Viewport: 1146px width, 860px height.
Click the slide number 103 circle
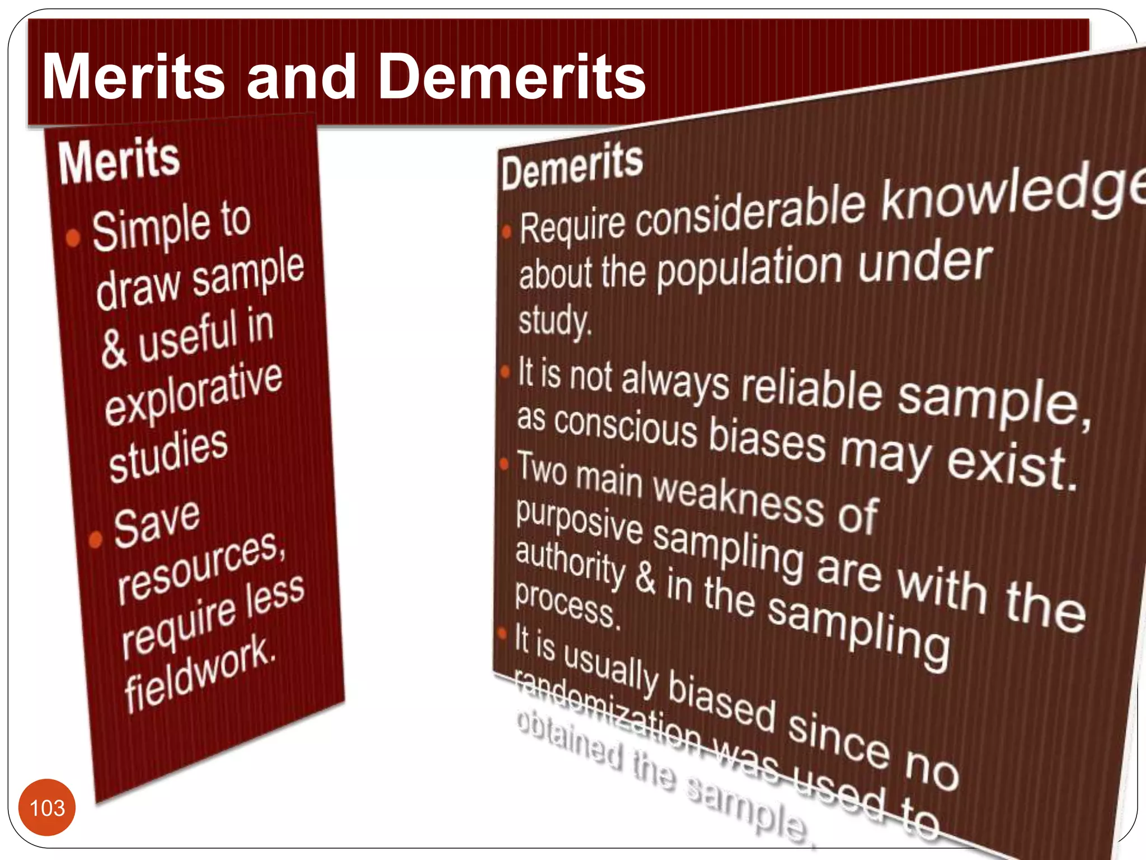point(47,807)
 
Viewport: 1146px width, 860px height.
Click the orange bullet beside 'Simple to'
point(73,238)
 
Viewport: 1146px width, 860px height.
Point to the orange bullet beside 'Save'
point(96,539)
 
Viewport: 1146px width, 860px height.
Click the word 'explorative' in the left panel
point(194,394)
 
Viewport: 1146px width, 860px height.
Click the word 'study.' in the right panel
point(554,321)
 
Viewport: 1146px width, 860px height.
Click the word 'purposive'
point(579,521)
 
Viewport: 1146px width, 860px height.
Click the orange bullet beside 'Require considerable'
point(506,231)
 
